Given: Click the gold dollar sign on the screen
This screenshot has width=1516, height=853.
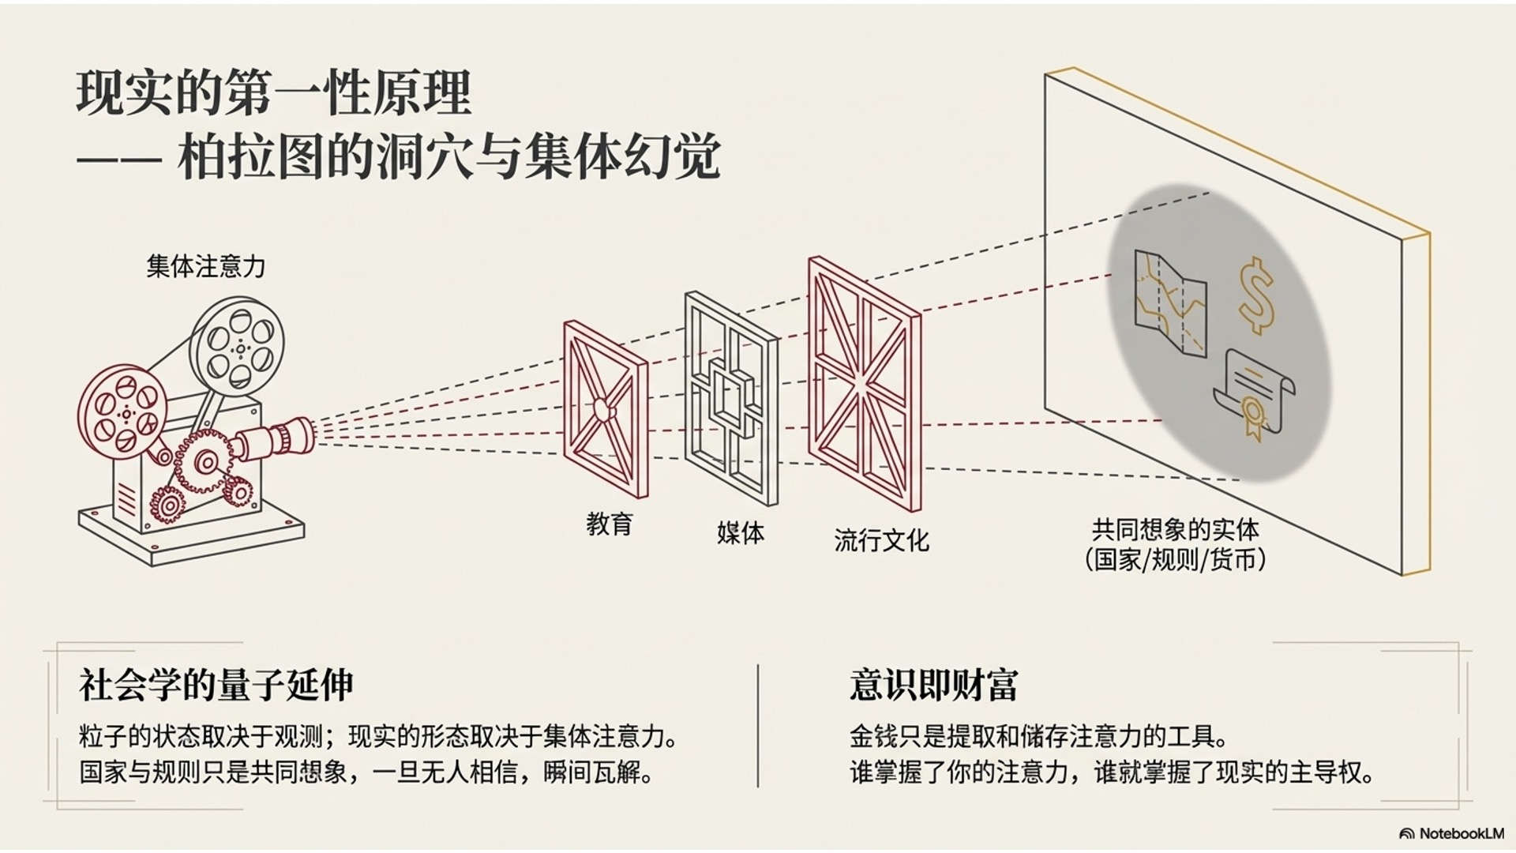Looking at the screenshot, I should tap(1255, 295).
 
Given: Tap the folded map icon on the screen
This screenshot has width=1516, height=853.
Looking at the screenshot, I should tap(1169, 304).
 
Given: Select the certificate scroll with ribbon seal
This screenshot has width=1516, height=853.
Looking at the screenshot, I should tap(1254, 393).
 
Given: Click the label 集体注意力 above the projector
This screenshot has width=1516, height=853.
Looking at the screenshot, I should tap(205, 266).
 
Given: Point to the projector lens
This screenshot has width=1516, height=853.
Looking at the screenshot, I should tap(288, 437).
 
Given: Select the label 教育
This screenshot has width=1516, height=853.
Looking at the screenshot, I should tap(609, 524).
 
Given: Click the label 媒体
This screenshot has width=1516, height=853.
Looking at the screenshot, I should tap(740, 533).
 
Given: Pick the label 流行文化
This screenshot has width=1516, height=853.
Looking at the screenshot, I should tap(881, 541).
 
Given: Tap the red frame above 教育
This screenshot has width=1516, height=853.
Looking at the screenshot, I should tap(606, 408).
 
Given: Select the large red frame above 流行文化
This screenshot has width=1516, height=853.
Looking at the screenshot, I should tap(864, 384).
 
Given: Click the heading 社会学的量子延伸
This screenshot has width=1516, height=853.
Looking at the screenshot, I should tap(216, 685).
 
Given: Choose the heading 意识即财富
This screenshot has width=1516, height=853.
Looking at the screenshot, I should tap(933, 685).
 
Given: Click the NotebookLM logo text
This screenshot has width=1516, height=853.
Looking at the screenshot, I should tap(1460, 833).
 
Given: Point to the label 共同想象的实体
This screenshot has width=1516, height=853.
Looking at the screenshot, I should tap(1175, 529).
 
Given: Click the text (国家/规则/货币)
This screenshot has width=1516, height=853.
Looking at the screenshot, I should tap(1175, 560).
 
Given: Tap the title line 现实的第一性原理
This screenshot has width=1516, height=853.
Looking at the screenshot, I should tap(274, 93).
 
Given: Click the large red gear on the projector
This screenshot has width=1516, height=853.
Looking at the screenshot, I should tap(206, 461).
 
